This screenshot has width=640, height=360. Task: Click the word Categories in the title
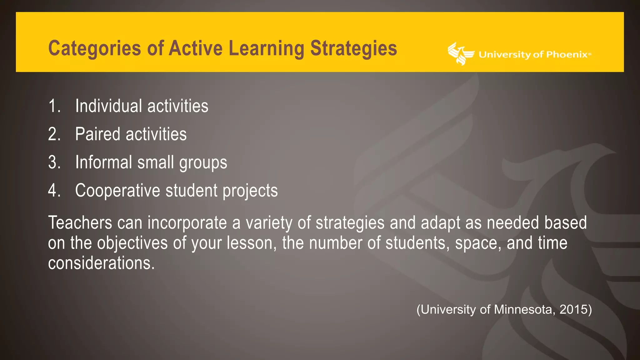click(x=94, y=48)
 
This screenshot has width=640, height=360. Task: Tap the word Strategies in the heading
click(x=353, y=48)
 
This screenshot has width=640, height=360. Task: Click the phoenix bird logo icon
click(x=460, y=54)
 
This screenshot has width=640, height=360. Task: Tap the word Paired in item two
click(x=97, y=134)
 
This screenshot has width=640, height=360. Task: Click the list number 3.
click(x=54, y=162)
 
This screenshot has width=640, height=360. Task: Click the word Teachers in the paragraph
click(x=80, y=223)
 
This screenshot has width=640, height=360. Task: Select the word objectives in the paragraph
click(x=132, y=243)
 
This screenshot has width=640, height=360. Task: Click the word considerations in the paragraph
click(x=101, y=263)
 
